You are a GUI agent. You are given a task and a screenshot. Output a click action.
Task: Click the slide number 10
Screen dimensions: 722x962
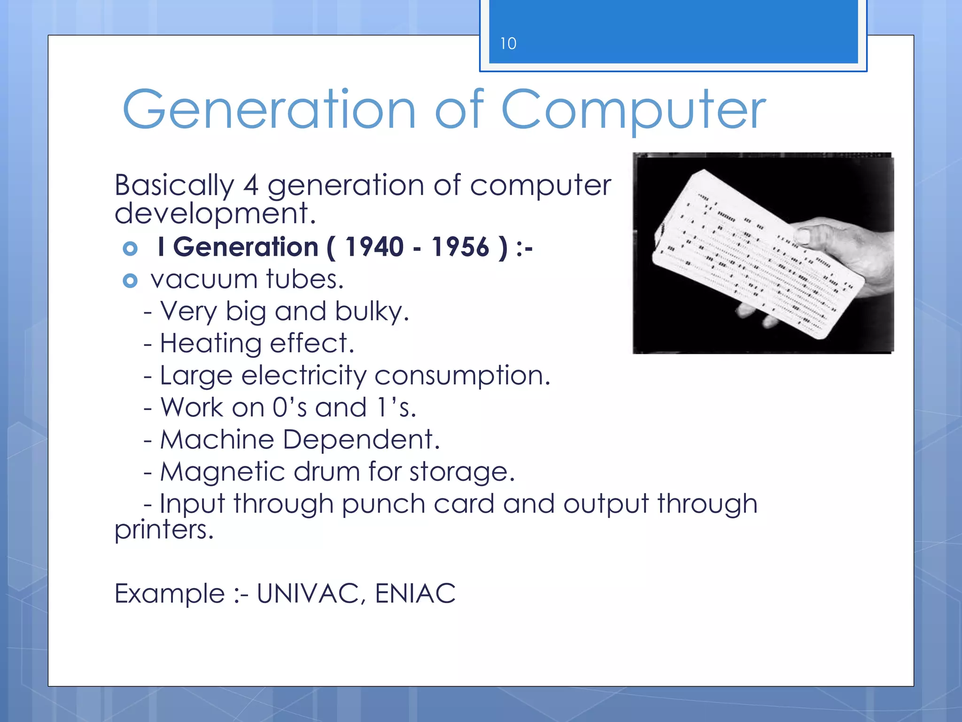pos(508,44)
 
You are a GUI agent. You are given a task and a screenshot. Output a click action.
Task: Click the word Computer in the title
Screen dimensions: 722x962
pos(633,110)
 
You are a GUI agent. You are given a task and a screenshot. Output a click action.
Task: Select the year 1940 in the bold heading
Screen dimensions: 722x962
pos(374,247)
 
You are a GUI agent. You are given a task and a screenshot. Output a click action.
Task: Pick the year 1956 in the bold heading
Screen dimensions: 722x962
pos(460,247)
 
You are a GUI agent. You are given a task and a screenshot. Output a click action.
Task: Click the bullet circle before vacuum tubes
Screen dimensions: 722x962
pos(130,281)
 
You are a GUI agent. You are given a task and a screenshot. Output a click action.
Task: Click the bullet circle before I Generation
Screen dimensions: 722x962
pos(130,249)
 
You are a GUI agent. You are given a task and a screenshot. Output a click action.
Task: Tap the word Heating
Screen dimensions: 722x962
pos(210,344)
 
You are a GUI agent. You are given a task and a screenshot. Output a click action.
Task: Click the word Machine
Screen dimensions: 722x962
pos(217,440)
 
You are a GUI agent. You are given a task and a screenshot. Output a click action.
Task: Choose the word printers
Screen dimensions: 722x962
pos(163,530)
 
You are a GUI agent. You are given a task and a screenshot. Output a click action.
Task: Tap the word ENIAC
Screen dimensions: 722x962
pos(415,594)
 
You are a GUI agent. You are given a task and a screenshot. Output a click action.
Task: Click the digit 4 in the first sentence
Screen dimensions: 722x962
pos(250,185)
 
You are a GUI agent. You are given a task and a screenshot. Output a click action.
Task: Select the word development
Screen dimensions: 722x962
pos(215,214)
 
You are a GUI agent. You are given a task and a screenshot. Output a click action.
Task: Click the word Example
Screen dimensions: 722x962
pos(170,594)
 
